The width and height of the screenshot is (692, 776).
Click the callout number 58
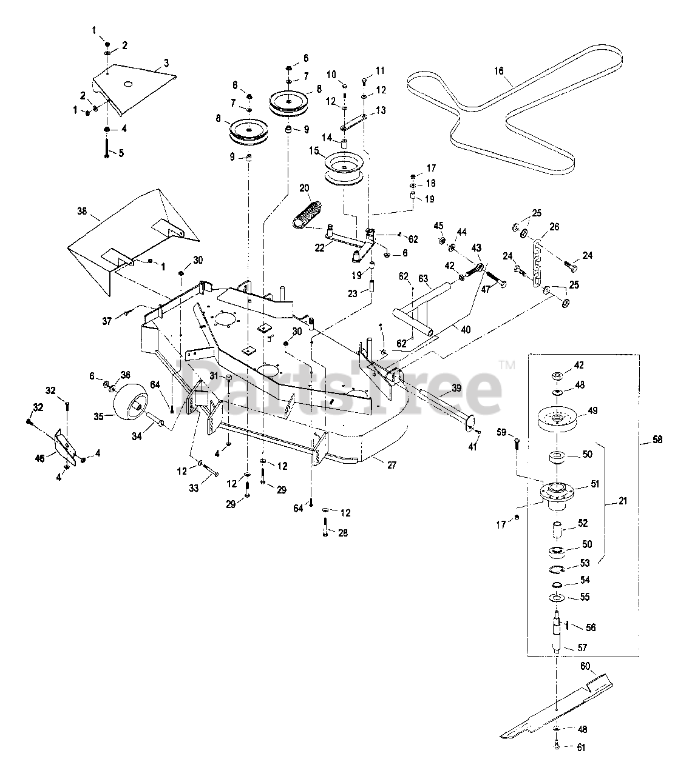click(x=657, y=440)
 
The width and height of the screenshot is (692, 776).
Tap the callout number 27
click(x=392, y=466)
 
